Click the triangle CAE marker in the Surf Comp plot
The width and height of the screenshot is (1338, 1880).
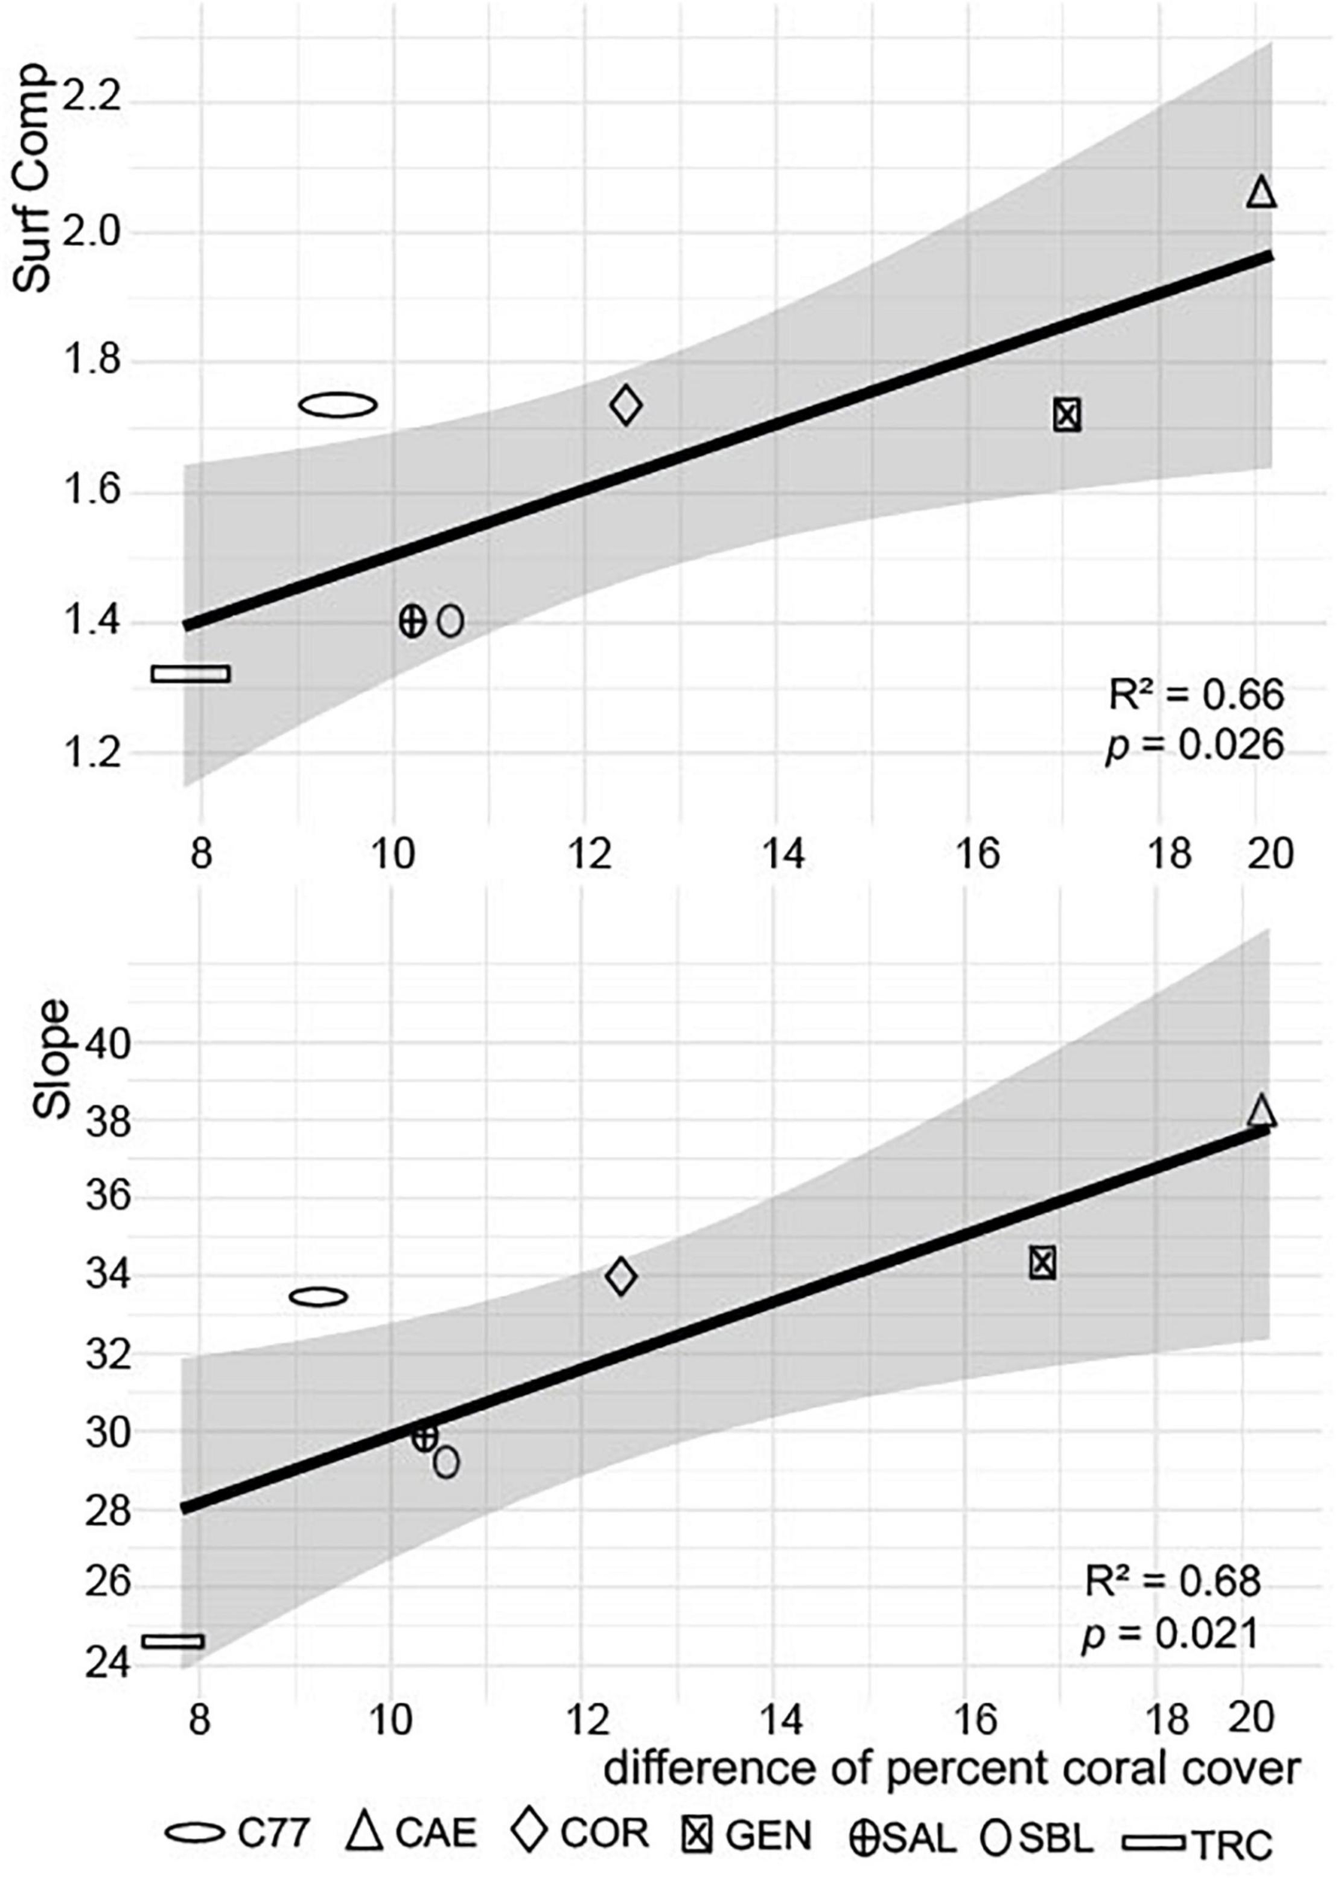click(x=1261, y=193)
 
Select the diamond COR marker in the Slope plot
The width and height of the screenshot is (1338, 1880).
click(x=621, y=1276)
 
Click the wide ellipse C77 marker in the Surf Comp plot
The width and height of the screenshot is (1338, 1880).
click(x=338, y=405)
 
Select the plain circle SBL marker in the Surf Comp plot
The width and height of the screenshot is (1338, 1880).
click(x=451, y=621)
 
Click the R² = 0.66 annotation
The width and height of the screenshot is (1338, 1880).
click(x=1195, y=696)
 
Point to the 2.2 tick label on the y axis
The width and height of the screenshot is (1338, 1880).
click(x=93, y=102)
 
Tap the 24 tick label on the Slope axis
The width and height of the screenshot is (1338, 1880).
click(x=107, y=1663)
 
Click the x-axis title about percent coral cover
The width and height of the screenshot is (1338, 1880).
click(x=951, y=1766)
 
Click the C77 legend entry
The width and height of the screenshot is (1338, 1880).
click(x=239, y=1811)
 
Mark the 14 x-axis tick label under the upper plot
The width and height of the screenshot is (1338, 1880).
click(x=784, y=855)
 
